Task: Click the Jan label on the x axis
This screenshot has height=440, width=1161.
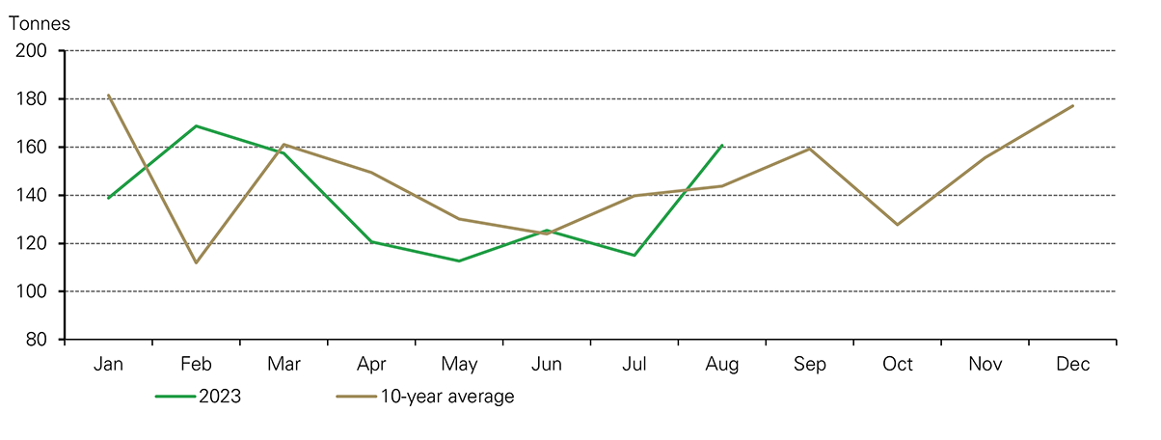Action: (108, 365)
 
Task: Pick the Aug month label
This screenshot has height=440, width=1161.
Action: (722, 365)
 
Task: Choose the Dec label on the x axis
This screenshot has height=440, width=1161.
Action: (1073, 365)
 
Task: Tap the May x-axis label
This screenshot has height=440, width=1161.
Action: (459, 365)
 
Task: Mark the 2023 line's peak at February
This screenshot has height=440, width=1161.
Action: (196, 125)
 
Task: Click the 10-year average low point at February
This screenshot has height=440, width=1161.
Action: (196, 262)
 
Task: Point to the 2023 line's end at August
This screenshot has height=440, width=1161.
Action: (722, 145)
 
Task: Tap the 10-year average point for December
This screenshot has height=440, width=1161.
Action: (1073, 105)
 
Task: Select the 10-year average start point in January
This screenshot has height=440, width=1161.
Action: (108, 95)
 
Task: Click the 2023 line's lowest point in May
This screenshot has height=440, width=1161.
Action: (459, 261)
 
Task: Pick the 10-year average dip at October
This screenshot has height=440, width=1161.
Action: (898, 225)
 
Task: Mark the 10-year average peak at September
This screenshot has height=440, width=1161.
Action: (810, 149)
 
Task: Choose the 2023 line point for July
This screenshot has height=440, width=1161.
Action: (634, 256)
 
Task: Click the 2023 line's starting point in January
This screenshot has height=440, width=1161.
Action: (108, 198)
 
